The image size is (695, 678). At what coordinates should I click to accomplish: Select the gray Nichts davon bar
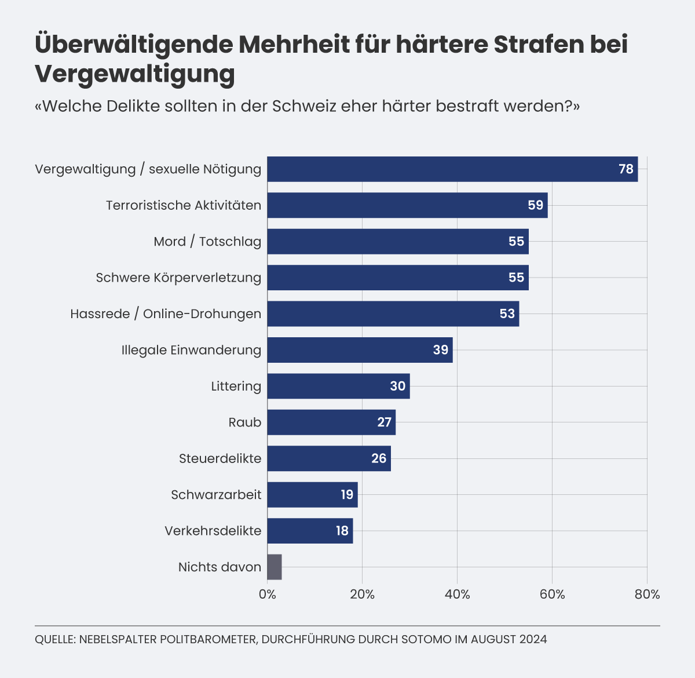click(275, 567)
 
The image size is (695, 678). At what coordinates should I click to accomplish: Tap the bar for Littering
click(338, 386)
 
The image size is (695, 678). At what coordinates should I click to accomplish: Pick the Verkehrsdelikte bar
click(310, 531)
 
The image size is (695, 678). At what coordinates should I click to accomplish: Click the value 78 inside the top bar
click(625, 169)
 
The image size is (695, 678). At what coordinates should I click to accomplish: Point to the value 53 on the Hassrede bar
click(507, 314)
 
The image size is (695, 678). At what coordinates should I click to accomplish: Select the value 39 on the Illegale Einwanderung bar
click(440, 350)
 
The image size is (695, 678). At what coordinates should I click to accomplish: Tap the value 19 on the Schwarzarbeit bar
click(346, 495)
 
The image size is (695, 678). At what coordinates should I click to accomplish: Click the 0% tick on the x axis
click(267, 595)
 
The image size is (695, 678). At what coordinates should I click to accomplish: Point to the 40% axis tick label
click(457, 595)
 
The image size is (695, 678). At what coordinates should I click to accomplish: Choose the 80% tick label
click(647, 595)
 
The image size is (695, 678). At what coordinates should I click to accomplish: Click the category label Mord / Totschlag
click(207, 242)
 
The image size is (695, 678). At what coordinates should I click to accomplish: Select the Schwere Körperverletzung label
click(178, 278)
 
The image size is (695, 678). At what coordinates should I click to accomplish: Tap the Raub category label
click(244, 422)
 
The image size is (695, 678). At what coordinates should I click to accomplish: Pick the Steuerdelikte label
click(220, 458)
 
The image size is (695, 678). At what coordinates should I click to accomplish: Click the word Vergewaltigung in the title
click(135, 74)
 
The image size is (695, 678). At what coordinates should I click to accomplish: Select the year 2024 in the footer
click(533, 639)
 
